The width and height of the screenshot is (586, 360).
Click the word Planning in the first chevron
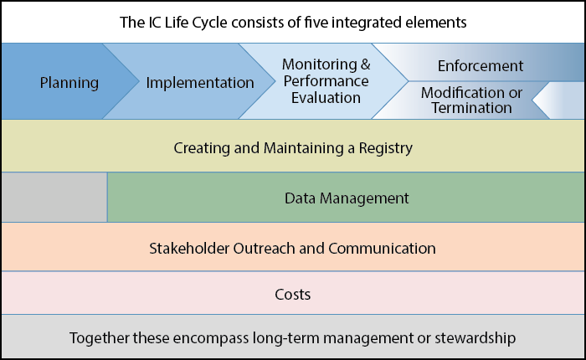(69, 83)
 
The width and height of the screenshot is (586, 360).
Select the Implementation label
(200, 83)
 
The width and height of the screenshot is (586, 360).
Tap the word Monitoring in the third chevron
(319, 65)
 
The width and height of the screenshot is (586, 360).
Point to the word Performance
(326, 81)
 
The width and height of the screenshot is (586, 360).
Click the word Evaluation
(326, 98)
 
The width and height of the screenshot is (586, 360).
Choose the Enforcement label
(481, 66)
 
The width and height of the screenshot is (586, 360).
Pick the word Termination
(471, 108)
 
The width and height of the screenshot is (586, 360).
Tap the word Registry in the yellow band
(386, 148)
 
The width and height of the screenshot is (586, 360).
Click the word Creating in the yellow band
(202, 148)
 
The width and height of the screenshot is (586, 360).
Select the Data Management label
(347, 198)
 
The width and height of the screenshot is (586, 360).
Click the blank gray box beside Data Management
(54, 197)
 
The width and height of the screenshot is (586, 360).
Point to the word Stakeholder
(189, 248)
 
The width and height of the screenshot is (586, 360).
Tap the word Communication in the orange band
(382, 248)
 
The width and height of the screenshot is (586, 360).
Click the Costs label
(293, 295)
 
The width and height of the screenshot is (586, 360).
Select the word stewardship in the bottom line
(475, 338)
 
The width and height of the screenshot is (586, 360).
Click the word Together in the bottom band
(100, 338)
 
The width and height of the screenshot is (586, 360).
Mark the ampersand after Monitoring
(366, 64)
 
